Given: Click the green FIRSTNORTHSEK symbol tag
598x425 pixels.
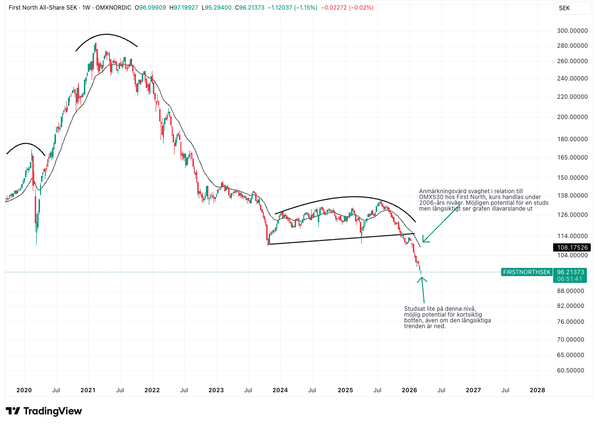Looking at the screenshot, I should pos(527,272).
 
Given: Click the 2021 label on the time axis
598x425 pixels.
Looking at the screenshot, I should pos(88,390).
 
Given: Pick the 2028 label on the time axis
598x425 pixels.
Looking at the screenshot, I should pos(537,390).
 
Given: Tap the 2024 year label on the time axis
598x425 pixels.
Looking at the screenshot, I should pos(280,390).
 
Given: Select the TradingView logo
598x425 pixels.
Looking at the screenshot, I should pos(44,411).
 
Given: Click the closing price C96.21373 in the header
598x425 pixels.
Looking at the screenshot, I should pos(249,8).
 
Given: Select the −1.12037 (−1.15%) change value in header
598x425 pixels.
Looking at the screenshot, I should pos(293,8).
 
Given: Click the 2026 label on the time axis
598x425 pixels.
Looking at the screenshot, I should pos(409,390).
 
